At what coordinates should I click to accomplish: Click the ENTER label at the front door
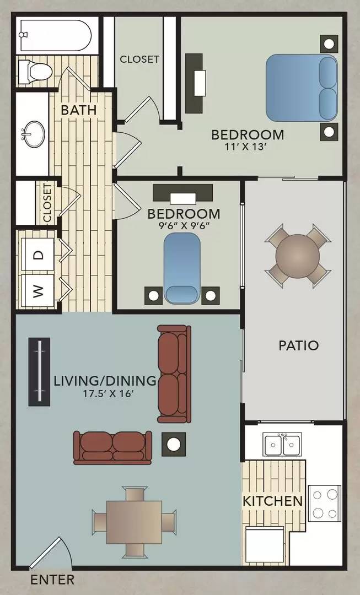(52, 580)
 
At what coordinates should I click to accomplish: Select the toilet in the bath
(34, 71)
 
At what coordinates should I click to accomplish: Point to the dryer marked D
(37, 255)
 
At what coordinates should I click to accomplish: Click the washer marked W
(37, 290)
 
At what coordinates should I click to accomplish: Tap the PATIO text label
(298, 346)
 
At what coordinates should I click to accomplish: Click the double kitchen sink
(282, 443)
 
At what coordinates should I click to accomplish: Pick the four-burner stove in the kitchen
(324, 502)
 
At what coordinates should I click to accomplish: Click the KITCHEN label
(273, 501)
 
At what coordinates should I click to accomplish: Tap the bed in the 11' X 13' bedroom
(301, 89)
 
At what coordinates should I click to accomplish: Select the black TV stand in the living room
(40, 372)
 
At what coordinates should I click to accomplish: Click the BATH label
(79, 110)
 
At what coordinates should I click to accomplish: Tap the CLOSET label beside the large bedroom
(139, 59)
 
